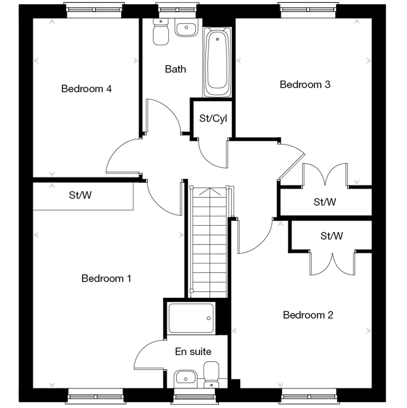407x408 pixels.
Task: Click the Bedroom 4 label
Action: (x=86, y=89)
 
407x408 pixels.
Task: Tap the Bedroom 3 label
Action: (x=305, y=85)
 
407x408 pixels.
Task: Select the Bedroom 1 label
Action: (x=106, y=278)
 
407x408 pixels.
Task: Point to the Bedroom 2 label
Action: (x=308, y=315)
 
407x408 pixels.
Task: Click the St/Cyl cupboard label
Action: (x=213, y=118)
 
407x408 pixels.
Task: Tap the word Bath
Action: (x=175, y=69)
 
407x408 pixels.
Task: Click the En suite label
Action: (x=193, y=352)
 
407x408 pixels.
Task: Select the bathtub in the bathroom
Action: (x=217, y=62)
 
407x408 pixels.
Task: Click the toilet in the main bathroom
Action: (x=161, y=32)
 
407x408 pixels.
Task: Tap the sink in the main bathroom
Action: (x=187, y=27)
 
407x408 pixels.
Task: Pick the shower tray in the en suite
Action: (x=191, y=318)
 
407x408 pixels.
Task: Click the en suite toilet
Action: (x=211, y=374)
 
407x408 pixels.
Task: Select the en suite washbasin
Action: (x=186, y=379)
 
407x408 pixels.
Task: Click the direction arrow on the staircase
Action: (x=210, y=191)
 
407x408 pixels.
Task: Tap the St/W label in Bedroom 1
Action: (x=80, y=195)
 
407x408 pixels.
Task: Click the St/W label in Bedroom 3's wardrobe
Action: (x=325, y=202)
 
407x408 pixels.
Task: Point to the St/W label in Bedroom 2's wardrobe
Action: (x=331, y=236)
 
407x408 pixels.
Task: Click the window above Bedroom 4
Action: (x=94, y=10)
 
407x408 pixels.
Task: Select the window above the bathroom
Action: (x=177, y=10)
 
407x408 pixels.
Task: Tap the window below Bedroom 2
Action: (x=309, y=396)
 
